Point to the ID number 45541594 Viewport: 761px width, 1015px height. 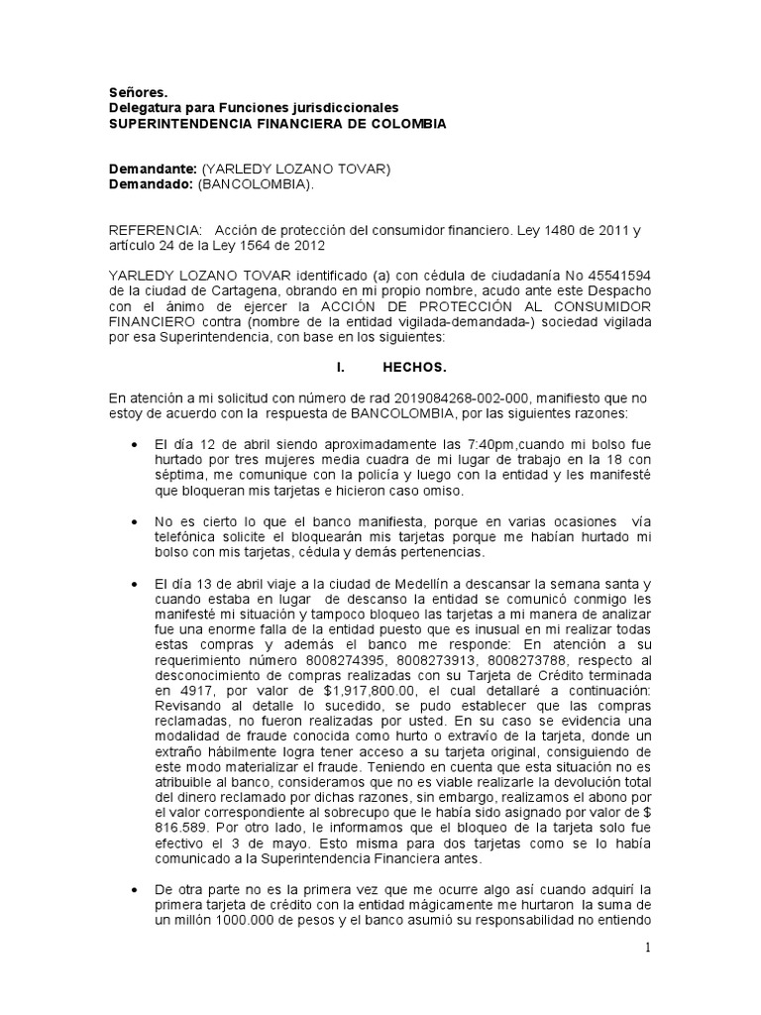pos(615,275)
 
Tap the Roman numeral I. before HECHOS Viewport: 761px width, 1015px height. pos(341,367)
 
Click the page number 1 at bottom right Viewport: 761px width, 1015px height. pos(647,948)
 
